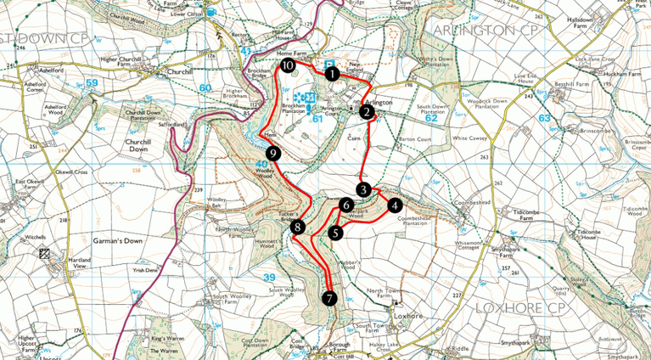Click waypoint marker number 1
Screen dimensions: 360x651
coord(333,74)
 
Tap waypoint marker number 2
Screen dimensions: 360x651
coord(367,111)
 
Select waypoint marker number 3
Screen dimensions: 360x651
coord(363,189)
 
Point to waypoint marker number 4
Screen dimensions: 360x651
coord(394,205)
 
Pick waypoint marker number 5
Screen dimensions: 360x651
coord(336,233)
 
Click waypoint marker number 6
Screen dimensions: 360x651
coord(346,205)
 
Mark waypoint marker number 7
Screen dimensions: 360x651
coord(329,298)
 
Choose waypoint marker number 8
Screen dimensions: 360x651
coord(297,227)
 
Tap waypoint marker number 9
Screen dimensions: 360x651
coord(272,153)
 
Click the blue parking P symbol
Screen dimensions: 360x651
coord(328,62)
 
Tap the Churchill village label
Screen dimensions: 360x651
coord(182,72)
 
